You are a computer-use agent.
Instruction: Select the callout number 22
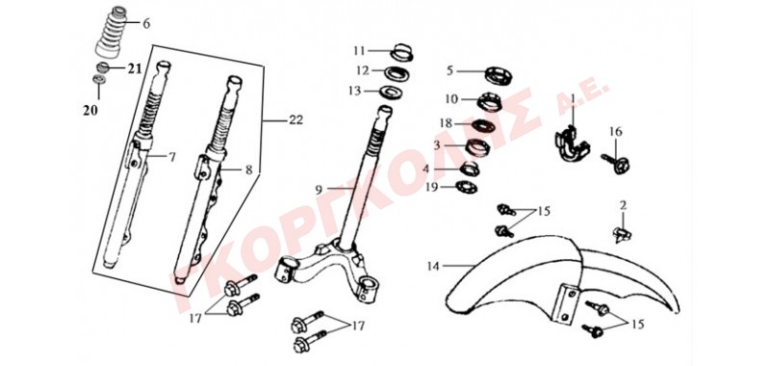click(295, 119)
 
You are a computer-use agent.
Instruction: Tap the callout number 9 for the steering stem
click(318, 188)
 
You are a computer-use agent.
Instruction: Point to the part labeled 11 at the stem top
click(401, 52)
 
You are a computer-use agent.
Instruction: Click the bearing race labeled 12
click(396, 73)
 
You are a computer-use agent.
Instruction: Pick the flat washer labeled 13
click(391, 91)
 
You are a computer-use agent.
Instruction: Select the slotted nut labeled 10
click(490, 102)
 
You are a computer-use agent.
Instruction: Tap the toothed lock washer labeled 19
click(467, 187)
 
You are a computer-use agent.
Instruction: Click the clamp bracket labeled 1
click(573, 144)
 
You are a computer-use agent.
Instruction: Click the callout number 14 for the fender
click(432, 266)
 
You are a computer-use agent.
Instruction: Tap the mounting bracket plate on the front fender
click(565, 303)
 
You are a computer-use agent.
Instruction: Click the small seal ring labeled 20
click(99, 79)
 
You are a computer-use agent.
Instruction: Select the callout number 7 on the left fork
click(171, 157)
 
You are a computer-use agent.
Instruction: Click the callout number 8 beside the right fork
click(249, 170)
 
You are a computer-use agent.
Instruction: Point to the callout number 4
click(425, 169)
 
